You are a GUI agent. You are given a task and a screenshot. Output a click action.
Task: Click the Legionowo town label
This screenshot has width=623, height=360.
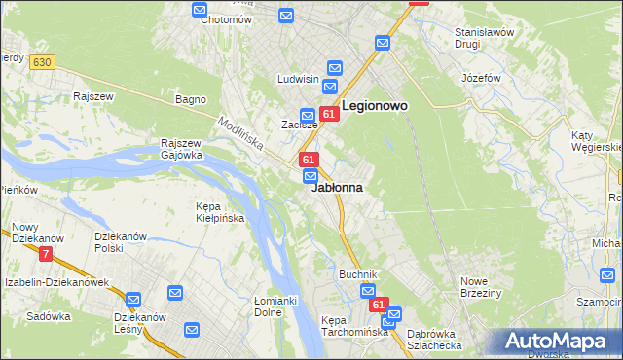click(x=375, y=105)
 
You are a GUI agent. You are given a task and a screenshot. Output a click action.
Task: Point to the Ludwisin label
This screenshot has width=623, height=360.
click(x=299, y=79)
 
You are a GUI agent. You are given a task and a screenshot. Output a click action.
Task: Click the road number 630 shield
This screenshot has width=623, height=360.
click(x=40, y=62)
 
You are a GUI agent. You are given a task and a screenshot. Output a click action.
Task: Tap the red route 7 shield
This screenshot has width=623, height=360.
click(x=46, y=255)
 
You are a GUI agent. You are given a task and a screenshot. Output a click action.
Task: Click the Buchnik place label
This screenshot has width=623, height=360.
click(x=357, y=275)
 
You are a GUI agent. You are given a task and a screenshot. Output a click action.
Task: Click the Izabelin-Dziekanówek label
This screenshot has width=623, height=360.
click(x=55, y=282)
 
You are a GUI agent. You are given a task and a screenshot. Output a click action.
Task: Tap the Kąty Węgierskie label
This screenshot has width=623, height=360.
click(x=597, y=141)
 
